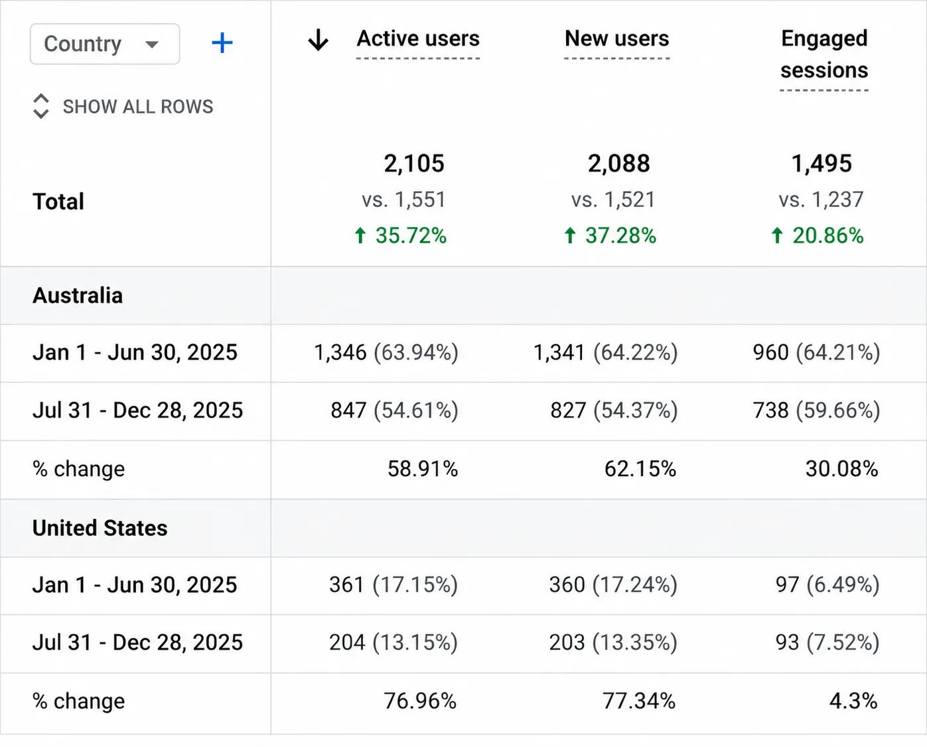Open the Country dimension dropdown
coord(105,44)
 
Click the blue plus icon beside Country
coord(222,43)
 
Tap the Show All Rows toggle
coord(123,106)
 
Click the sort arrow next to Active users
coord(319,40)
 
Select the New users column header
coord(617,38)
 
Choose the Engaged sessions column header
coord(824,54)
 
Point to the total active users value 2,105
coord(414,164)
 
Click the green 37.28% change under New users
coord(610,236)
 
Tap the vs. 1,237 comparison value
coord(821,200)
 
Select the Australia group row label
coord(78,295)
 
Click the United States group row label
coord(100,528)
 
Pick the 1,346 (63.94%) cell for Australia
coord(386,352)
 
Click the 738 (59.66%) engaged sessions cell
coord(816,410)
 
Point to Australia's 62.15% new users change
coord(640,469)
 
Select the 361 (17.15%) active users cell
coord(393,585)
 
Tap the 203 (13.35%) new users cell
coord(613,643)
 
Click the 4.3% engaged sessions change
coord(853,701)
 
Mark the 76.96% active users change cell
coord(420,701)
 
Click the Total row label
coord(58,201)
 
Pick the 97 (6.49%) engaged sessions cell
coord(827,585)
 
